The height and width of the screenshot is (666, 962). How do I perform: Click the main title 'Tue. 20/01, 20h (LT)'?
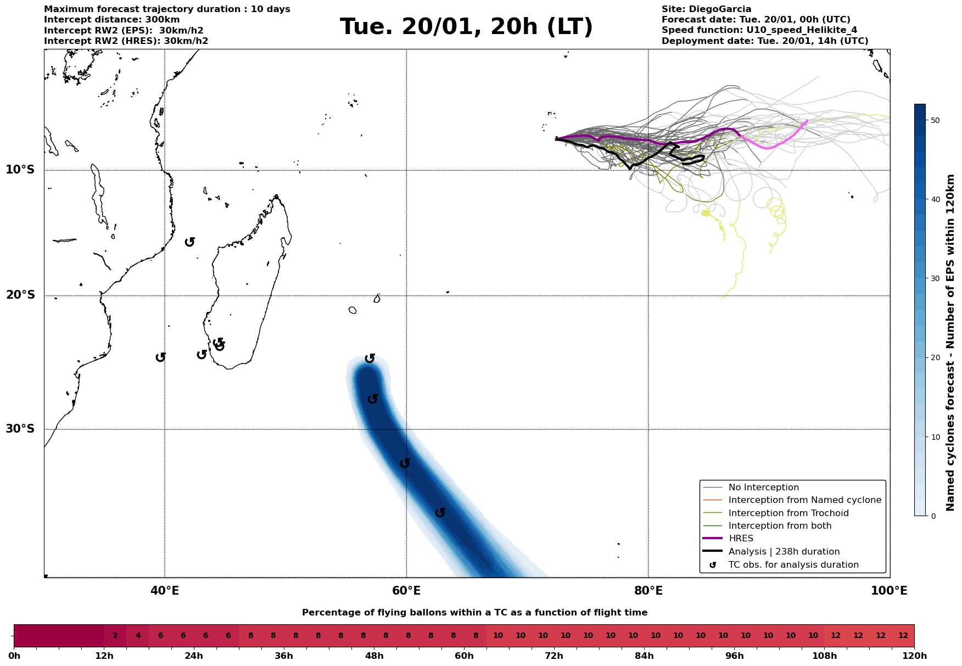(466, 27)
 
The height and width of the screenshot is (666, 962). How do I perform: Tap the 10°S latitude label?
(20, 170)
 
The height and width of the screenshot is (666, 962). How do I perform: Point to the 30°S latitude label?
(20, 429)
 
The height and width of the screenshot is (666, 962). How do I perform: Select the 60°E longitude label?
(406, 591)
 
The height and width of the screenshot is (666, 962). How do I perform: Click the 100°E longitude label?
(890, 591)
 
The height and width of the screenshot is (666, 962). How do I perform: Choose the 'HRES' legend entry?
(741, 539)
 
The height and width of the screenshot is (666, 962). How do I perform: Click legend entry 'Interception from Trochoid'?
(788, 513)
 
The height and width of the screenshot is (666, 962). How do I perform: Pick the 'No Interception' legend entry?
(763, 488)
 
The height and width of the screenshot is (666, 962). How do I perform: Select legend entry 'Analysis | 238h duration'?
(784, 552)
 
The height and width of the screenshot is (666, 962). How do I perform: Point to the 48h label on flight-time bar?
(374, 656)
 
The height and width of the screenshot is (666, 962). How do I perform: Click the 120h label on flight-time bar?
(914, 656)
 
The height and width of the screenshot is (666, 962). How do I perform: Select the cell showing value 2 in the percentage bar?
(115, 636)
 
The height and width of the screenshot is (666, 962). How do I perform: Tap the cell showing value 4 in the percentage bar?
(138, 636)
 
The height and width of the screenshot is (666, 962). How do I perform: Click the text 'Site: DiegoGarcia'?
(706, 9)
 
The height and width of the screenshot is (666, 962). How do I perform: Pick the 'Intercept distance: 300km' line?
(111, 20)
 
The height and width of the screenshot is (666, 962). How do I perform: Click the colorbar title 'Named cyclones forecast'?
(951, 343)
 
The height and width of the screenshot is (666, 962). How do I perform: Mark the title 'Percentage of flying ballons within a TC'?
(474, 613)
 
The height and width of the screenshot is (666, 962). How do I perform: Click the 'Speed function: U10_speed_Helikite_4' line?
(759, 30)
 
